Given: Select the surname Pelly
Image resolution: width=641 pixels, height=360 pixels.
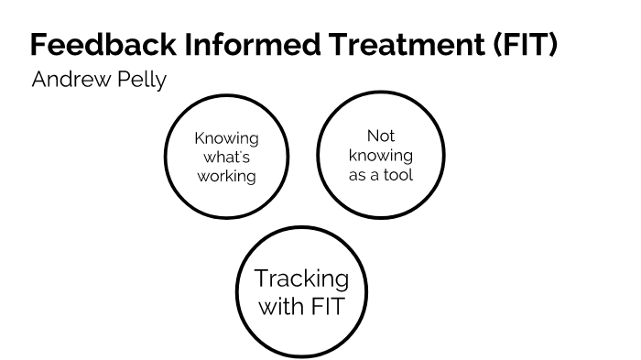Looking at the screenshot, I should (138, 81).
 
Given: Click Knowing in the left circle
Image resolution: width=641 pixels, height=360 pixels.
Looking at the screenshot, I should (226, 138).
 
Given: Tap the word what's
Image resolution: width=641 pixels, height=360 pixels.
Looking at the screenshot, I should (226, 157).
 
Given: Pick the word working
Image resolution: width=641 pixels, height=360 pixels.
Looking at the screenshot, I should (226, 176).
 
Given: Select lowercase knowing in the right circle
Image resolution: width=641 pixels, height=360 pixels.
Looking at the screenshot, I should (380, 155).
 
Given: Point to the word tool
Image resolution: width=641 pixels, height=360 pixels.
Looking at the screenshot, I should (397, 173).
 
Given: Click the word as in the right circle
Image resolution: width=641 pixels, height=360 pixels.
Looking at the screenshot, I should (358, 173).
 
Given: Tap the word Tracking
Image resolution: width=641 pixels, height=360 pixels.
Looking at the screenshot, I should (301, 278).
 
